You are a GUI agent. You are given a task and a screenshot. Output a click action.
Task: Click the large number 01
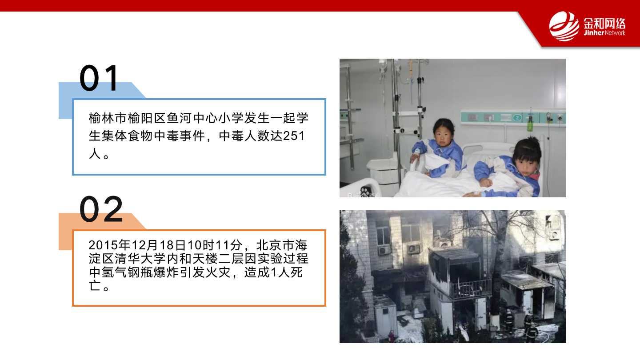(x=99, y=78)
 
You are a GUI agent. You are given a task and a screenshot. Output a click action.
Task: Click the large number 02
(x=101, y=209)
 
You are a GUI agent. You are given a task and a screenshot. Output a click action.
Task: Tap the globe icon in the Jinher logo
(x=564, y=26)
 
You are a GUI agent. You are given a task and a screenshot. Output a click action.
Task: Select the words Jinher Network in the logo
(x=604, y=33)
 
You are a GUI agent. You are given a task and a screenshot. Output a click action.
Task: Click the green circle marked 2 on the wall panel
(x=517, y=118)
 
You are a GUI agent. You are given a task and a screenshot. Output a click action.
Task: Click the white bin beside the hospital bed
(x=382, y=172)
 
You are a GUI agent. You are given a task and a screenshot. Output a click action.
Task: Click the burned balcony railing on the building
(x=468, y=288)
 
